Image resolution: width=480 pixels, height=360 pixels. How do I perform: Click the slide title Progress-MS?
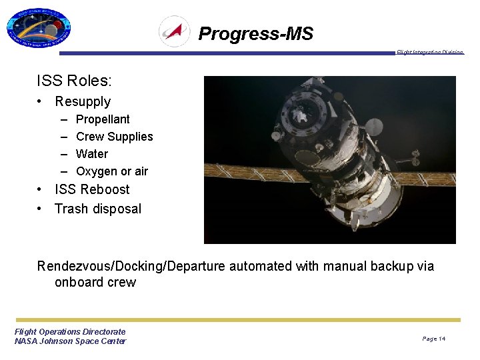tap(255, 33)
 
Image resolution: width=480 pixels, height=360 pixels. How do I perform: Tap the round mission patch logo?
tap(39, 29)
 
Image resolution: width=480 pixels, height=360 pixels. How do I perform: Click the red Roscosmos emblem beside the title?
tap(175, 31)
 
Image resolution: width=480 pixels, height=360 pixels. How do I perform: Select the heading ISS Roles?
tap(74, 81)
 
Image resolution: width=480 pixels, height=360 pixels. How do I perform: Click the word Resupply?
tap(83, 101)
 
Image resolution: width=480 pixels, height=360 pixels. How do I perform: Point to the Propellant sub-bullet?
tap(103, 119)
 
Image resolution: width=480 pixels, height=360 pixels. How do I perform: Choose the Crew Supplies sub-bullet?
tap(114, 137)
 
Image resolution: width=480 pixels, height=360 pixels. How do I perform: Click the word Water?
tap(92, 154)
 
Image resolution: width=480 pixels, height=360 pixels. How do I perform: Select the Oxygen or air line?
tap(112, 171)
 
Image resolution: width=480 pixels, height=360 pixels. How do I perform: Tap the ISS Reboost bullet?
tap(92, 189)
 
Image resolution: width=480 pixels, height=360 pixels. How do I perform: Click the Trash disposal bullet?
tap(98, 209)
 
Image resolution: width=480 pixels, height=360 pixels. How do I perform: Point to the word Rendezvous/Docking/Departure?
tap(131, 267)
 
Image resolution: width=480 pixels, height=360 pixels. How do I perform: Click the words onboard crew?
tap(95, 282)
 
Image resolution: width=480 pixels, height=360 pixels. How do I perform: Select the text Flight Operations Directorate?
tap(70, 331)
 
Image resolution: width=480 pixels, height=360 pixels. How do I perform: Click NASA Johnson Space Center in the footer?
tap(70, 341)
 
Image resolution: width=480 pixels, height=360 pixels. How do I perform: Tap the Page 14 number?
tap(433, 339)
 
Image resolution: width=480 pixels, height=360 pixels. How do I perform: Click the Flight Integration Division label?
tap(429, 53)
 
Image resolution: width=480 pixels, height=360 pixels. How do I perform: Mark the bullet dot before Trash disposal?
tap(41, 209)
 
